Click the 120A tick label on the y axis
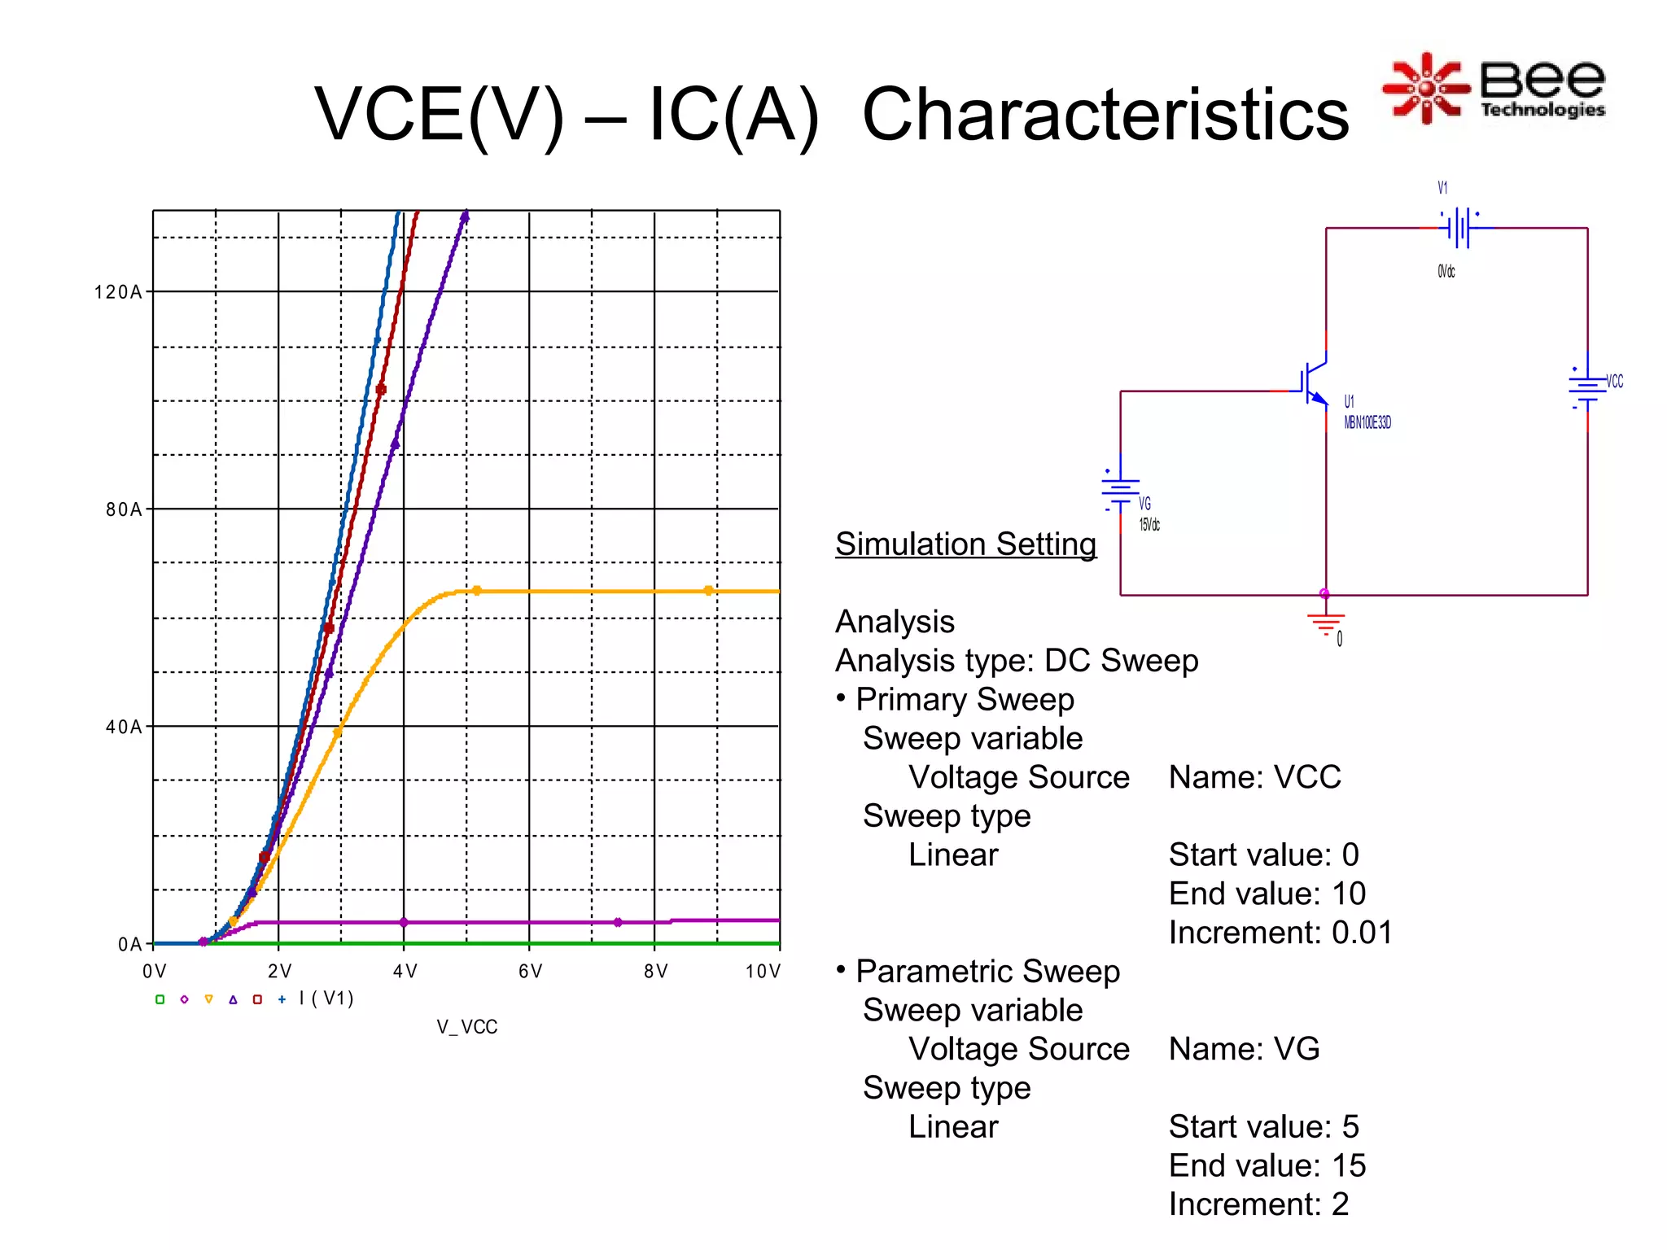(x=117, y=292)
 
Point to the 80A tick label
(x=123, y=509)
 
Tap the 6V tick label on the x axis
(x=530, y=971)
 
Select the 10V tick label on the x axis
(x=762, y=971)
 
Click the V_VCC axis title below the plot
(x=466, y=1027)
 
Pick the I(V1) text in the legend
(x=326, y=999)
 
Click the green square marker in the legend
(x=160, y=999)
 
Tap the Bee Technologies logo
(x=1494, y=88)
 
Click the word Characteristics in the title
(x=1105, y=115)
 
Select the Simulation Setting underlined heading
(x=965, y=544)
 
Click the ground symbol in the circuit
(x=1325, y=624)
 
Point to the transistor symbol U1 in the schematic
(x=1314, y=382)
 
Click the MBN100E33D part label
(x=1367, y=422)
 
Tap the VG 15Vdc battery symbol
(x=1120, y=490)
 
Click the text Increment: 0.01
(x=1280, y=933)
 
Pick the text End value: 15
(x=1267, y=1165)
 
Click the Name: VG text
(x=1244, y=1049)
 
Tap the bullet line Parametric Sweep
(x=987, y=972)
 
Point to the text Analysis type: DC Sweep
(x=1016, y=661)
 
